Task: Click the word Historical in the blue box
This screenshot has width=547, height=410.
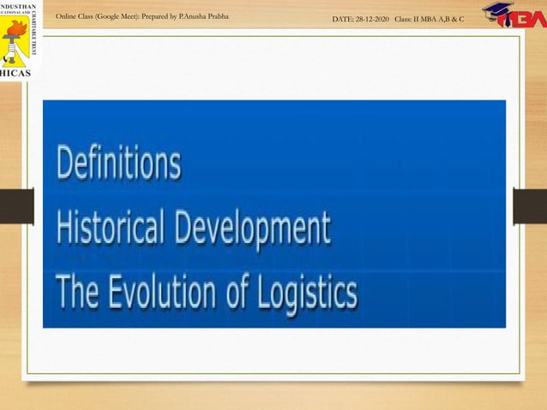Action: coord(108,229)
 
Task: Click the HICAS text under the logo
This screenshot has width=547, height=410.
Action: coord(18,74)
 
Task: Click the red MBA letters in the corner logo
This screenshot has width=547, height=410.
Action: coord(524,20)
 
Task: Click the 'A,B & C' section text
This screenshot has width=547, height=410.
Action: coord(457,18)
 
